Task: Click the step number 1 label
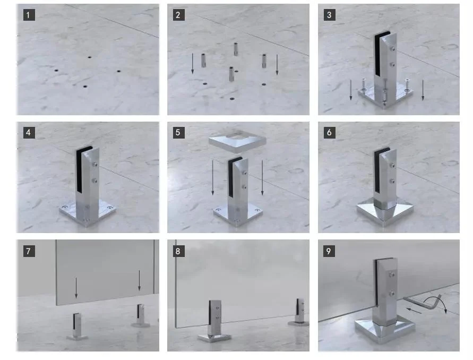point(29,15)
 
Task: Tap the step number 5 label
point(178,132)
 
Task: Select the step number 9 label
point(329,251)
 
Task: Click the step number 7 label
point(29,251)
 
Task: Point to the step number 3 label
point(330,15)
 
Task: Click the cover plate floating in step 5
point(237,141)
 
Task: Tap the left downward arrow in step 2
point(193,64)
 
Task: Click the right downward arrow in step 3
point(423,90)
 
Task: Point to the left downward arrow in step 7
point(76,288)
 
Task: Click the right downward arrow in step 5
point(262,178)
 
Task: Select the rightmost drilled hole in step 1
point(119,72)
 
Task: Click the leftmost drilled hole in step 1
point(56,71)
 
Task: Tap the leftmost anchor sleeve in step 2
point(203,61)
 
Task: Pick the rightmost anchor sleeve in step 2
point(264,61)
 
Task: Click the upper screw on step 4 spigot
point(96,165)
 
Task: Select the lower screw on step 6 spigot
point(392,182)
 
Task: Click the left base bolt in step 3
point(364,85)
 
